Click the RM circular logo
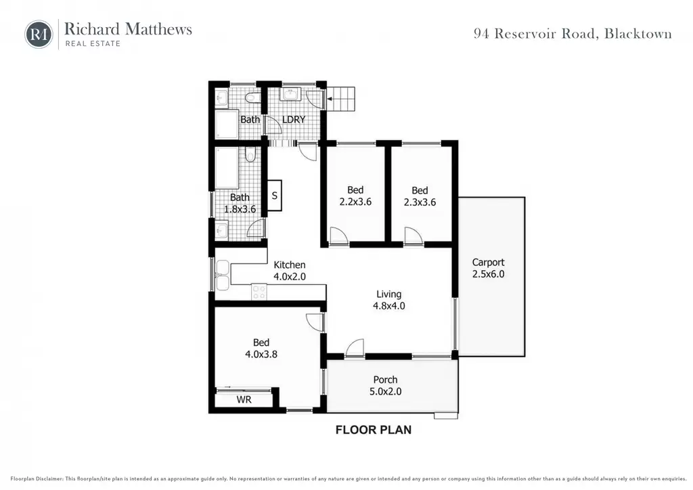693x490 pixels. [x=39, y=34]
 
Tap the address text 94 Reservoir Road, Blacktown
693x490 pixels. [x=573, y=34]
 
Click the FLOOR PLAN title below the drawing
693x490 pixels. [x=374, y=430]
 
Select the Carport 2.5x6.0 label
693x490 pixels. [x=488, y=268]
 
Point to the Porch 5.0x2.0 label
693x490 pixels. [x=385, y=385]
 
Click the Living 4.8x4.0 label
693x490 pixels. [x=389, y=300]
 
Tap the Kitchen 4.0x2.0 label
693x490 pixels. [x=290, y=271]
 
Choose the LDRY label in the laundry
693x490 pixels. [x=294, y=120]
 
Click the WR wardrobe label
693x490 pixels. [x=244, y=400]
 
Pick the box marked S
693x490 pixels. [x=275, y=196]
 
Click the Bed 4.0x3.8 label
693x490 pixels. [x=261, y=348]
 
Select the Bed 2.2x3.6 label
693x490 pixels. [x=355, y=196]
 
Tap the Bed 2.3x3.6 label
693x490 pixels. [x=420, y=196]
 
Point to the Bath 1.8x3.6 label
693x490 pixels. [x=240, y=203]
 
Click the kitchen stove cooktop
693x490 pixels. [x=259, y=292]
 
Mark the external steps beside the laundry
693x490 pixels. [x=340, y=99]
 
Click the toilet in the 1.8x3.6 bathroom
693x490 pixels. [x=250, y=154]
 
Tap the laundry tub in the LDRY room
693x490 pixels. [x=290, y=95]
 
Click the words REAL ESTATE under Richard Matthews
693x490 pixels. [x=93, y=43]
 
